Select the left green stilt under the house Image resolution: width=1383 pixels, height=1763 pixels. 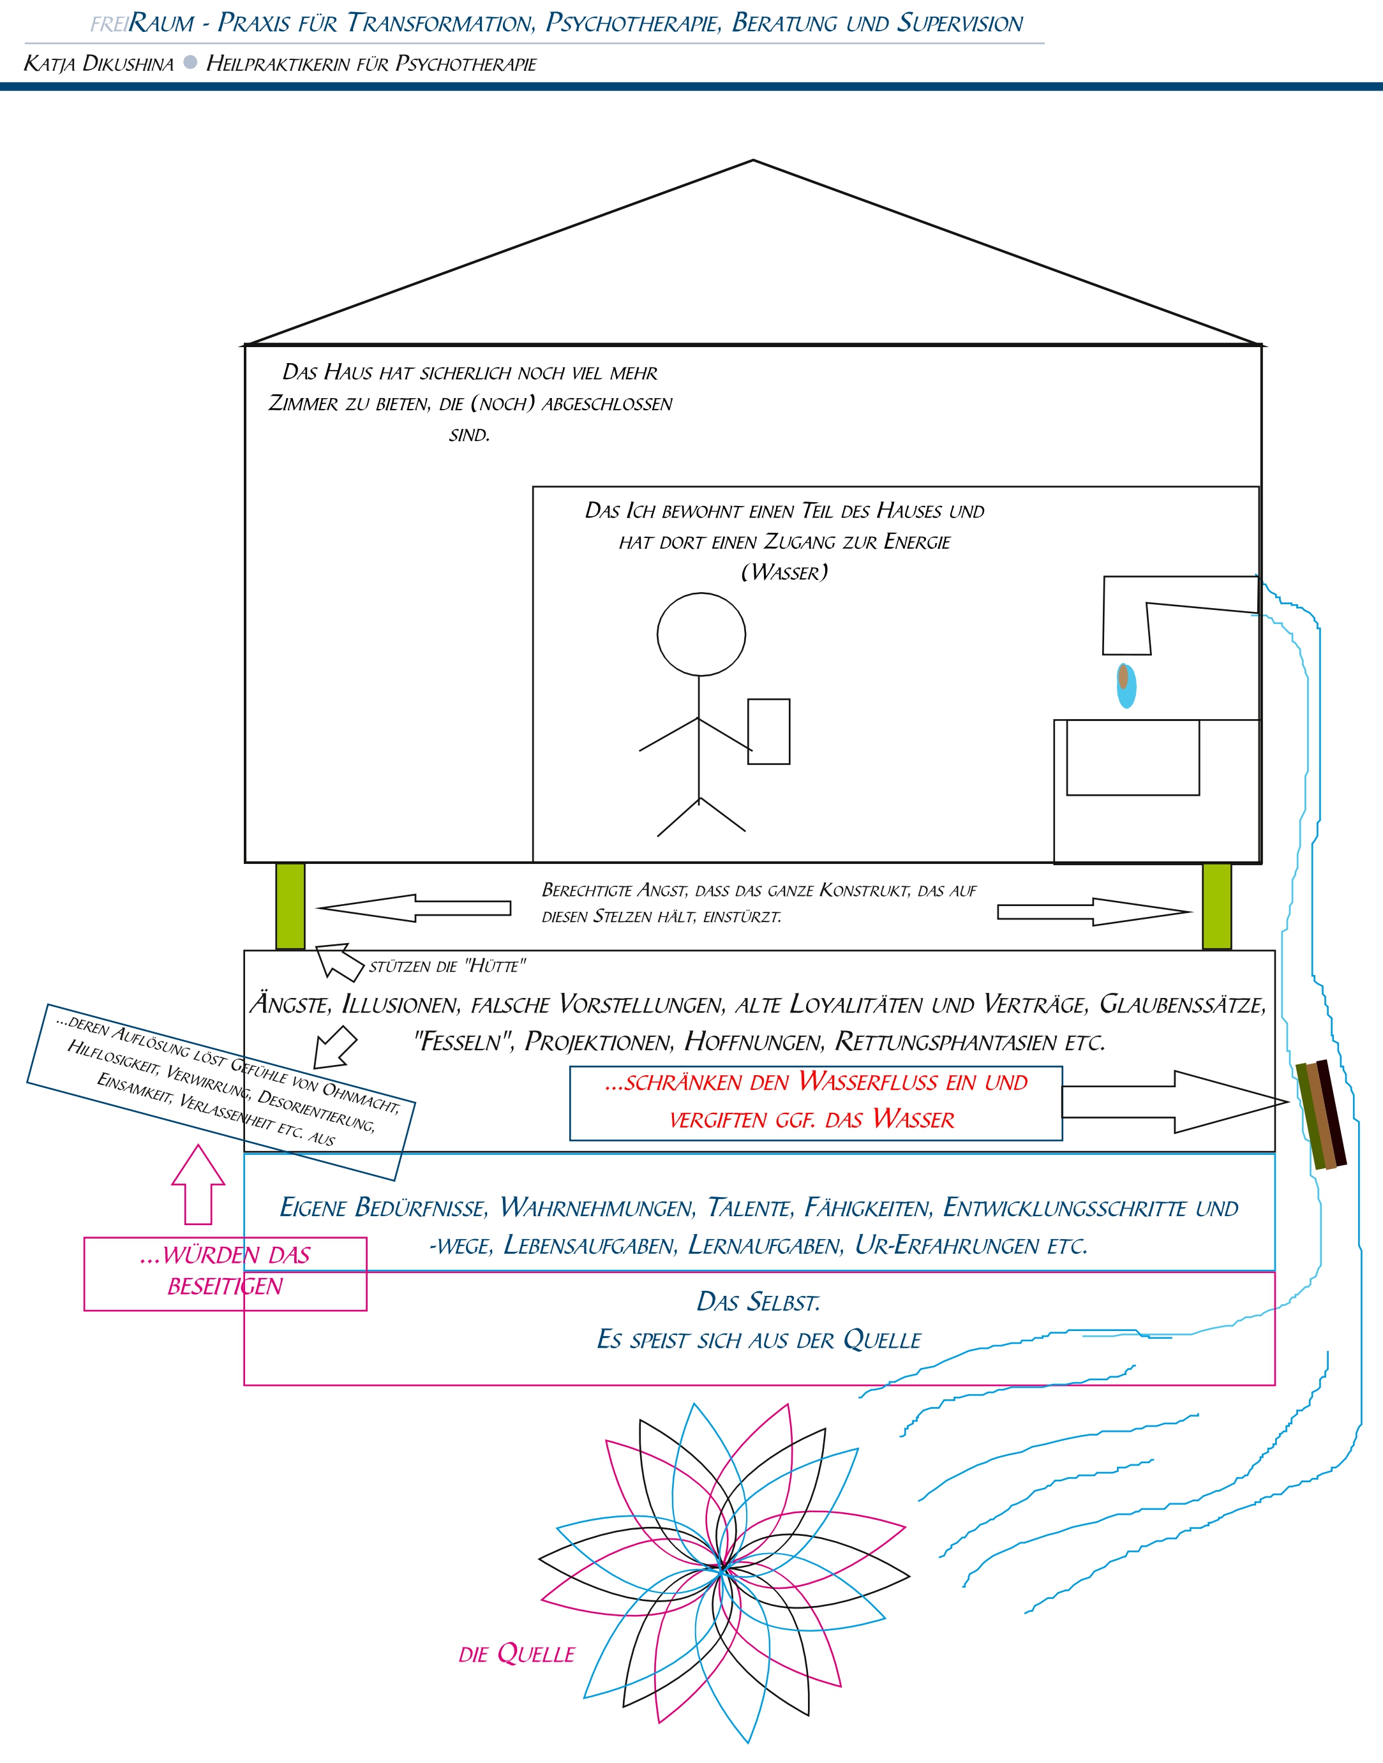[x=290, y=906]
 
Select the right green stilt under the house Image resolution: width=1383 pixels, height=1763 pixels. [x=1216, y=906]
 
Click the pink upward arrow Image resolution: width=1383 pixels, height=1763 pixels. [x=198, y=1184]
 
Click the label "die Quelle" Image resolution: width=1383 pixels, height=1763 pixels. [x=516, y=1654]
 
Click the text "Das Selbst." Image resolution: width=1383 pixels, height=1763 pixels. [x=759, y=1302]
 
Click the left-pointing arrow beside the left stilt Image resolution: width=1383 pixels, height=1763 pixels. [x=413, y=908]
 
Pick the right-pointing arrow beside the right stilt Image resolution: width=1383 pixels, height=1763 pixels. [x=1095, y=911]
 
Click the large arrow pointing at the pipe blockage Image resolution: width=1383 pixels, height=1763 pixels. [x=1175, y=1102]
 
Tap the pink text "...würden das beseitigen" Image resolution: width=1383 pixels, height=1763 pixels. [x=225, y=1270]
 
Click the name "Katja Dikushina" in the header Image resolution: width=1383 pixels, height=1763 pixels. [x=99, y=64]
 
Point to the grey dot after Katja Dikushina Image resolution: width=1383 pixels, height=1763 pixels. [x=190, y=63]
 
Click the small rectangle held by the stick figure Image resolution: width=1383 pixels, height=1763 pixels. [x=768, y=731]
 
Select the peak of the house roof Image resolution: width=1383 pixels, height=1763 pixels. [x=753, y=160]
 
